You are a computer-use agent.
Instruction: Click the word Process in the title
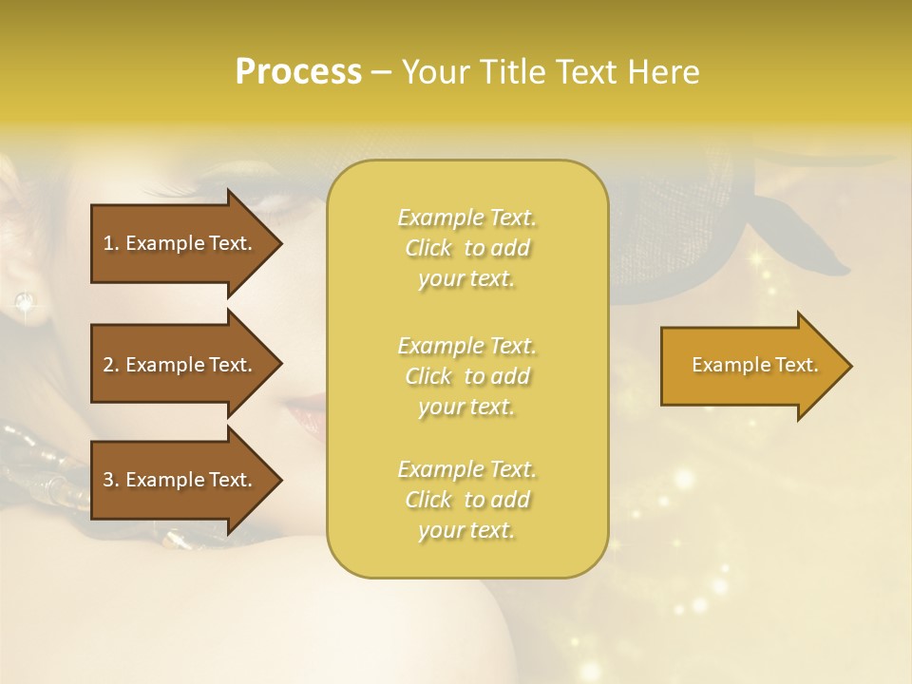pyautogui.click(x=298, y=72)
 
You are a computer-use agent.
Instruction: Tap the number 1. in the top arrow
pyautogui.click(x=111, y=243)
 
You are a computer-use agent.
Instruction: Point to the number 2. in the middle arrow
pyautogui.click(x=111, y=365)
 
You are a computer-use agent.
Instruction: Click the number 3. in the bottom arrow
pyautogui.click(x=111, y=480)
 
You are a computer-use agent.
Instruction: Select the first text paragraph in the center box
pyautogui.click(x=466, y=248)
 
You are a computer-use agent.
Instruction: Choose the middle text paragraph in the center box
pyautogui.click(x=466, y=376)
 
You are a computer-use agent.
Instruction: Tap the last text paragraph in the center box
pyautogui.click(x=466, y=500)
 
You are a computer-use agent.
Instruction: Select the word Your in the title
pyautogui.click(x=438, y=72)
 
